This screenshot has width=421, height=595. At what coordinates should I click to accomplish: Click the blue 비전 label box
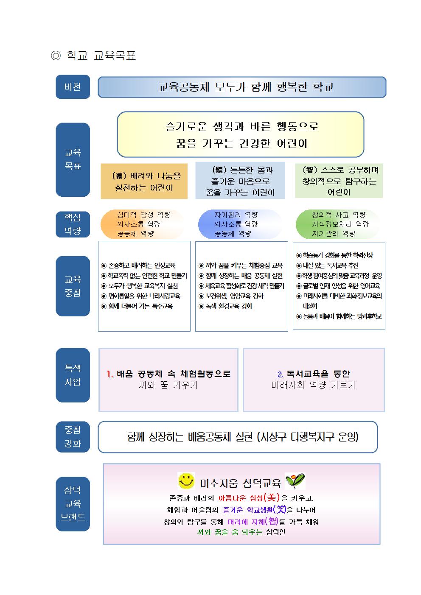tap(73, 87)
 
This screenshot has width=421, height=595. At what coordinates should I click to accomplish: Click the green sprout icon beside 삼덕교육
tap(295, 480)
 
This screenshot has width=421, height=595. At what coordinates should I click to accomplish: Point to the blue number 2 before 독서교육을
tap(281, 374)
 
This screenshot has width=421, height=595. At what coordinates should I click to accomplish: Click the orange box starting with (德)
tap(144, 181)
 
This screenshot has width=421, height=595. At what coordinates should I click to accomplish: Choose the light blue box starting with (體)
tap(240, 180)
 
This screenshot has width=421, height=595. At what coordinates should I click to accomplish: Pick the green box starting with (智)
tap(339, 181)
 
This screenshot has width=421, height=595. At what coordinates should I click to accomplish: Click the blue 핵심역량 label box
tap(73, 224)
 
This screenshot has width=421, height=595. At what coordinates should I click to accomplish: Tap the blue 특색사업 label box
tap(73, 375)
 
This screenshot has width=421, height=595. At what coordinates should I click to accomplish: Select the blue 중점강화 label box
tap(73, 436)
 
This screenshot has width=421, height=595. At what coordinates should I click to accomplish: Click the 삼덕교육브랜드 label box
tap(73, 504)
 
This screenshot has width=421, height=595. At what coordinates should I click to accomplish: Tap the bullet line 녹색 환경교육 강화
tap(225, 306)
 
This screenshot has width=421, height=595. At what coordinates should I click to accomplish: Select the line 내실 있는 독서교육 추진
tap(328, 265)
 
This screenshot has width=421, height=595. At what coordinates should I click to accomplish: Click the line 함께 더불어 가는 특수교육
tap(137, 306)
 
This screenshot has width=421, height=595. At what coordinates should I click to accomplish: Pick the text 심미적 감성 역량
tap(143, 215)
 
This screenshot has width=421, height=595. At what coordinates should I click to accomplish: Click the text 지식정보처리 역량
tap(340, 224)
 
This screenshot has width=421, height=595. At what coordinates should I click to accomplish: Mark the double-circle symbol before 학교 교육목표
tap(56, 56)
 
